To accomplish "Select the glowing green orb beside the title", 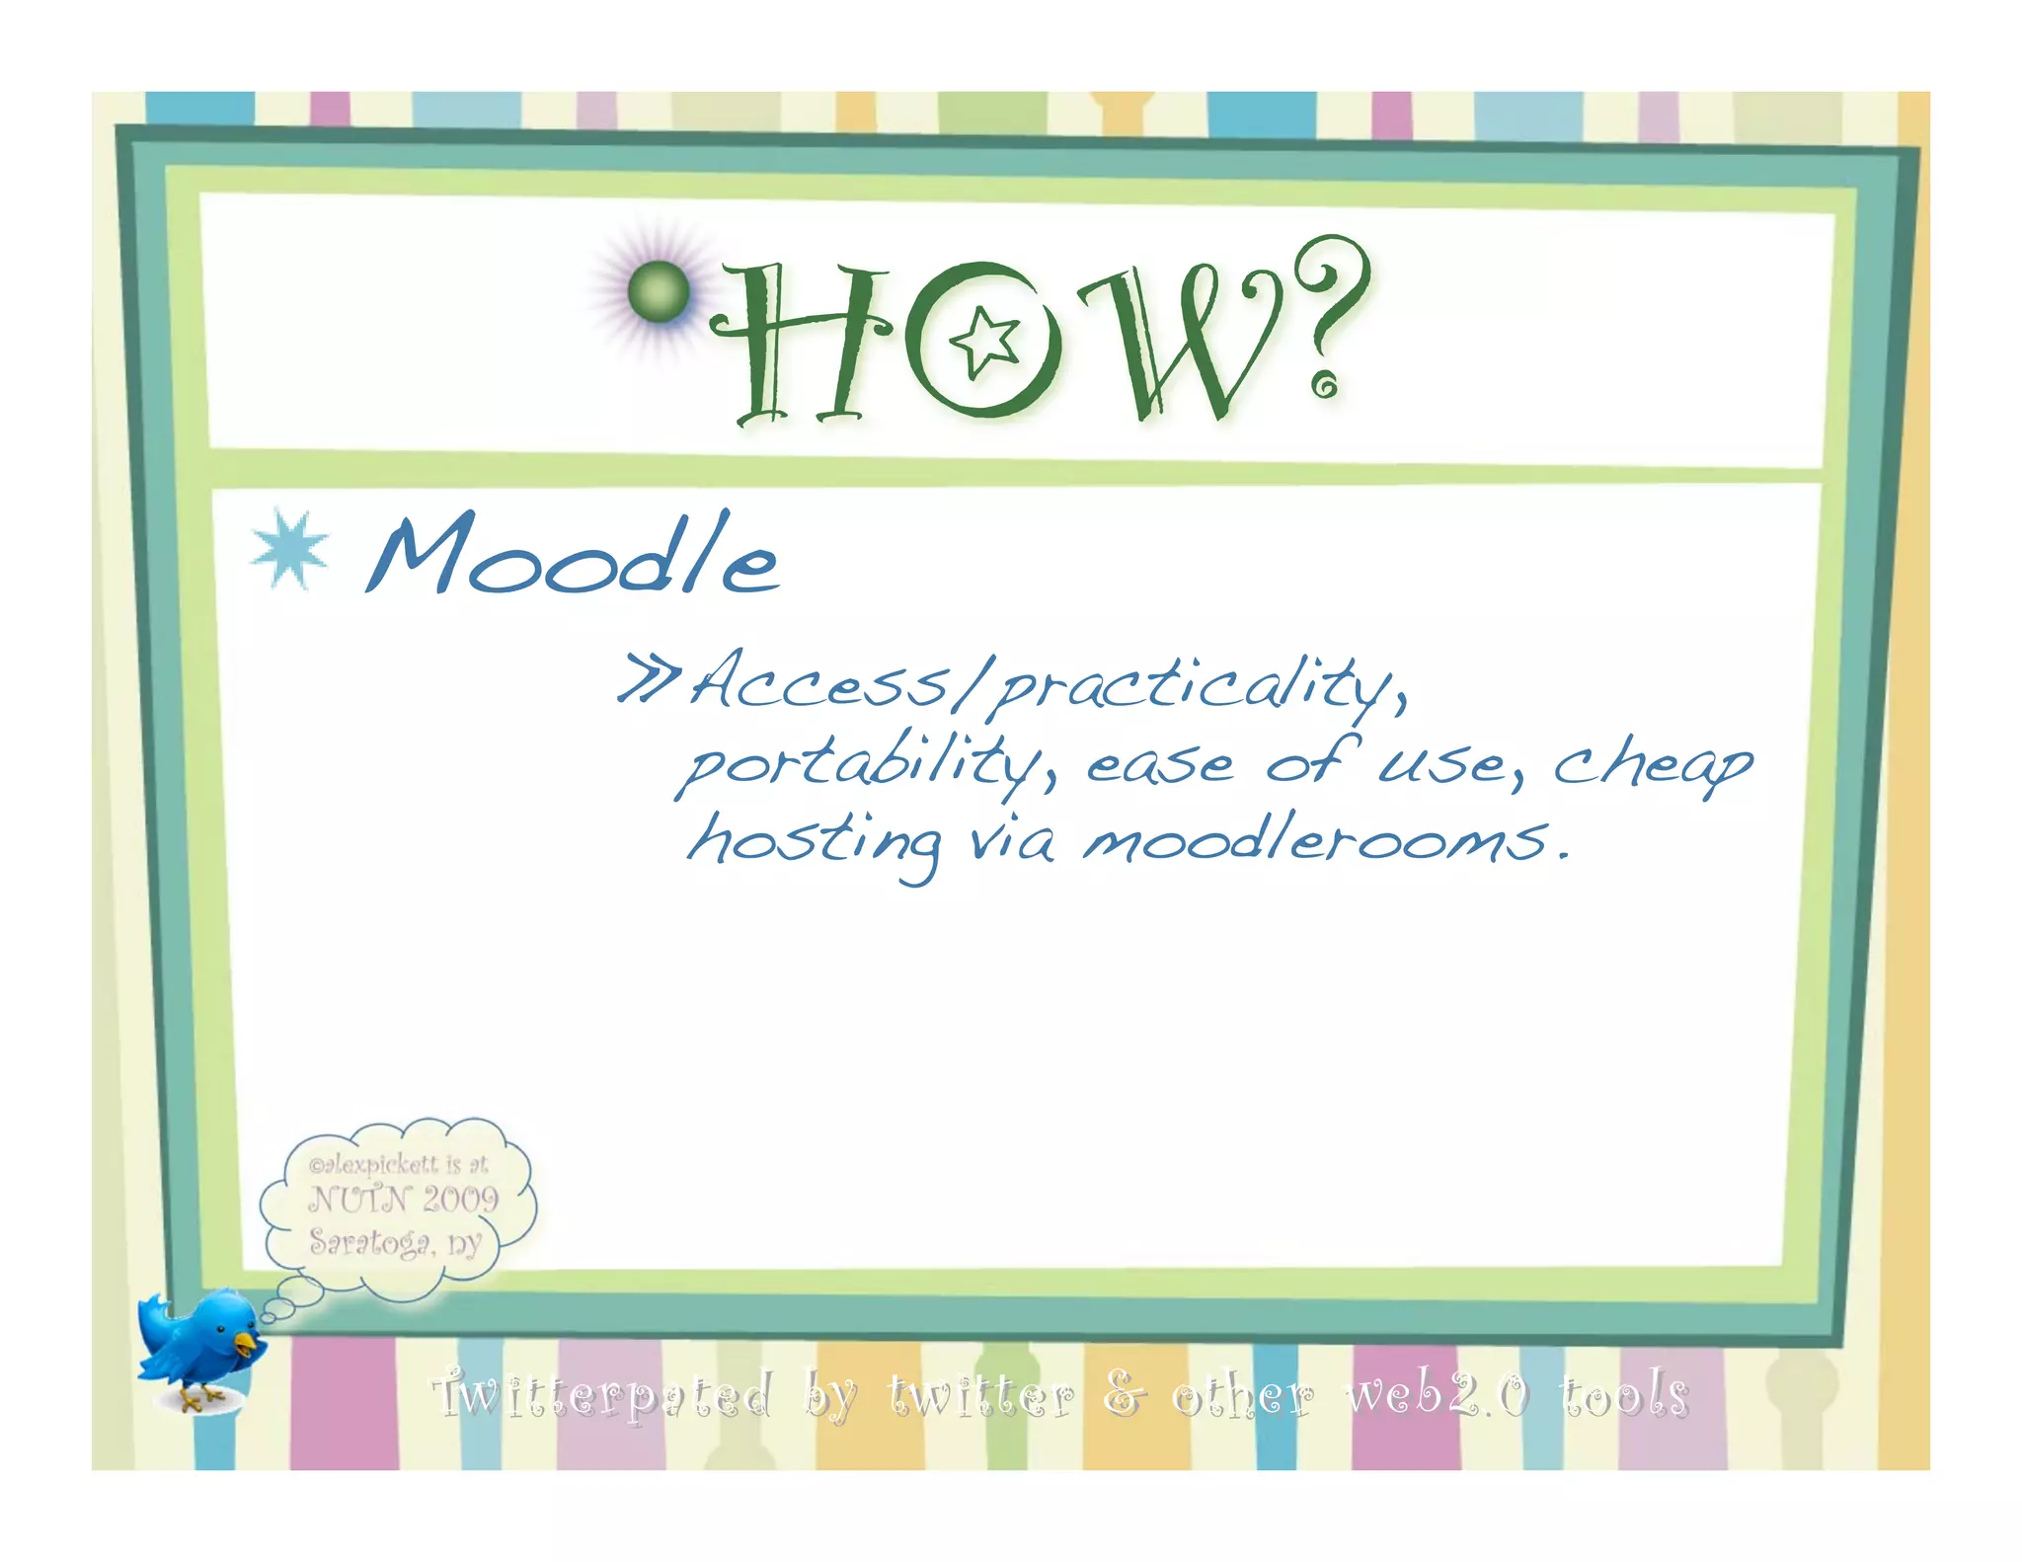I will pos(659,291).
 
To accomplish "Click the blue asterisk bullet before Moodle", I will pos(289,549).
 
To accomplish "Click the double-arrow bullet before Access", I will pos(648,677).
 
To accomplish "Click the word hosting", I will pos(814,842).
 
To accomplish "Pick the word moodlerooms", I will pos(1318,838).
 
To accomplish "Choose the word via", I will pos(1011,842).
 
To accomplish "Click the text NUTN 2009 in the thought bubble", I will pos(403,1200).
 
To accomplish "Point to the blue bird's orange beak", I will pos(246,1344).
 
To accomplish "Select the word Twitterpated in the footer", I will pos(602,1395).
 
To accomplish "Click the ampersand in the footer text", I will pos(1124,1393).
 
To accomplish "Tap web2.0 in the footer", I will pos(1438,1394).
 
